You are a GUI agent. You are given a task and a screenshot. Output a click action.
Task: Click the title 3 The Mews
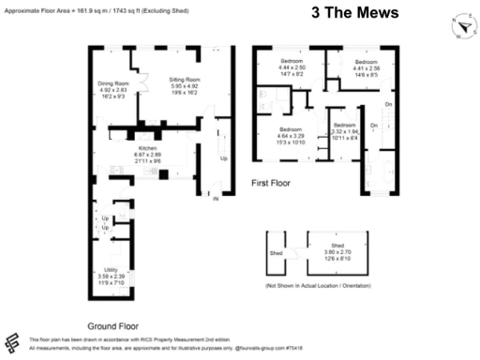coord(355,12)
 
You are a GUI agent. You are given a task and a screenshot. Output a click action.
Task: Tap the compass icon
coord(461,27)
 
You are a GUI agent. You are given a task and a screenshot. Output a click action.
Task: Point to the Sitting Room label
coord(185,81)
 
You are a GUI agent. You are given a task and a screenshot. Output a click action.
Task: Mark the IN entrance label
coord(215,199)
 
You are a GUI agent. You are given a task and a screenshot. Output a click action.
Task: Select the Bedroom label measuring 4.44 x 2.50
coord(292,61)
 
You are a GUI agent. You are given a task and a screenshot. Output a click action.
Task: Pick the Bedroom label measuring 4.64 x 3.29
coord(291,129)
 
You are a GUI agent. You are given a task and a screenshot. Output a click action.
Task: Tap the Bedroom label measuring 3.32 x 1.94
coord(344,125)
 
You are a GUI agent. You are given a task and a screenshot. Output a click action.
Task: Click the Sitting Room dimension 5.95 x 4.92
coord(185,87)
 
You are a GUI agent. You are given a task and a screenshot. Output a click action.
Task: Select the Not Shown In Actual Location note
coord(320,284)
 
